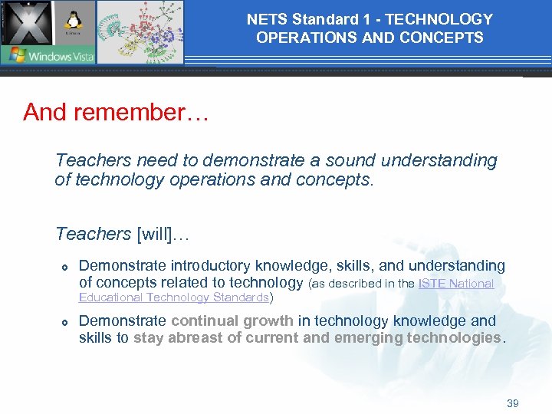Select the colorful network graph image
(x=140, y=31)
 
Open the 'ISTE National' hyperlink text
(x=455, y=284)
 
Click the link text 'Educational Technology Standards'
(x=174, y=297)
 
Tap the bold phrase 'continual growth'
(x=232, y=320)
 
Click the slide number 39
(x=512, y=403)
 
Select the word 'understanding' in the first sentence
(x=439, y=160)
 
